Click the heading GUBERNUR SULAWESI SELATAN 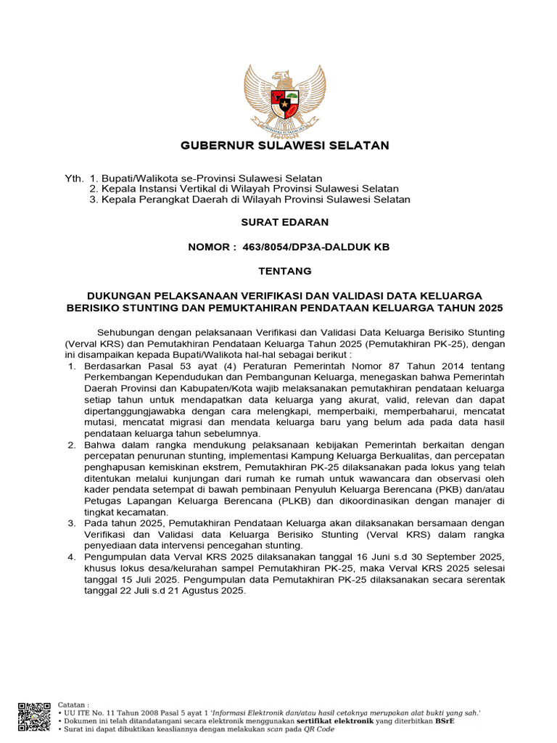pos(285,146)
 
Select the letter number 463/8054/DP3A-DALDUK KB pos(329,247)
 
